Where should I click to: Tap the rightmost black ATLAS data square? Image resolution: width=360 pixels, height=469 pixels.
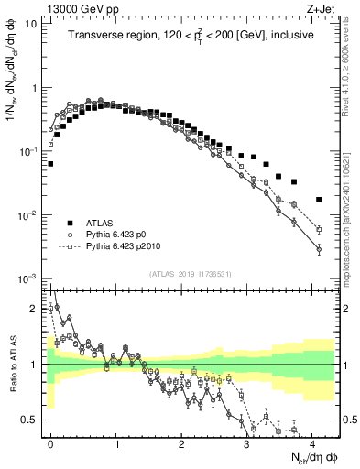click(319, 199)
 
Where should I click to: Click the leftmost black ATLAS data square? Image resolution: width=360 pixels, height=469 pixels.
click(50, 164)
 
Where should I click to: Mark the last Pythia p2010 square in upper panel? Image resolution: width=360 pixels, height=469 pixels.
click(319, 229)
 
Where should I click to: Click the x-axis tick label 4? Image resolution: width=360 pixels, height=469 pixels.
click(314, 442)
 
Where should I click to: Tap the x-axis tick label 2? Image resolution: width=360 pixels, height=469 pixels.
click(182, 442)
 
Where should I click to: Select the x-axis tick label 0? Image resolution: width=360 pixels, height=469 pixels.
click(50, 442)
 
